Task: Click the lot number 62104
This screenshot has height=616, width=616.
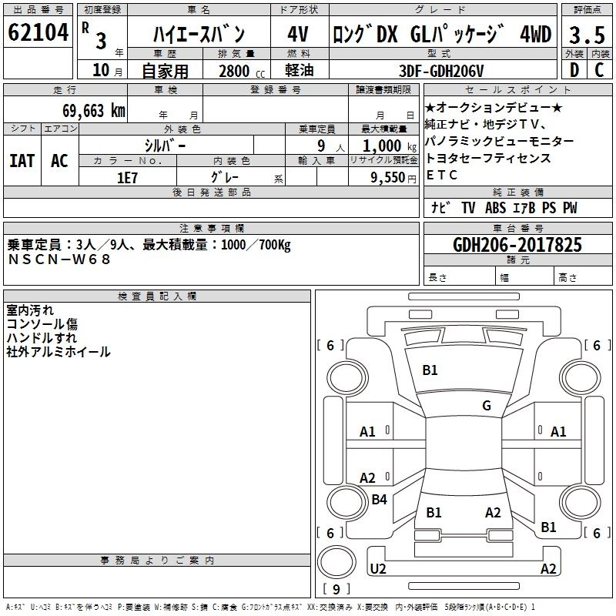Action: pos(38,32)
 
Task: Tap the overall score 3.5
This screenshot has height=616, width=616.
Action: pos(587,35)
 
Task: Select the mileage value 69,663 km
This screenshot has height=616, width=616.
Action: pos(94,110)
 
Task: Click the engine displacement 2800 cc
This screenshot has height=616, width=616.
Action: pos(242,71)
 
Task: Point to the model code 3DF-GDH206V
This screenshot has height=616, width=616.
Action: pos(441,71)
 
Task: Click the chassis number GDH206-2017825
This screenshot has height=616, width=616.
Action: pos(517,245)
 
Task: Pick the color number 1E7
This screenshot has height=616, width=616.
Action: pos(127,178)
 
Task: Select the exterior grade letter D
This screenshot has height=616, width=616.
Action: pos(574,70)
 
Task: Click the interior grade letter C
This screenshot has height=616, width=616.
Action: pos(599,70)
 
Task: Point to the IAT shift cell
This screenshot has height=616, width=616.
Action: pos(22,161)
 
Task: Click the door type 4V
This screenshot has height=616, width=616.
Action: pos(298,34)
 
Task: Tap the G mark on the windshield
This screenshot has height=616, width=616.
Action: pos(487,405)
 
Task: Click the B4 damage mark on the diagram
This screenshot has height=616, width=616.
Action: pos(379,499)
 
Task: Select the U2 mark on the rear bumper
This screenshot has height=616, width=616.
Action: pos(378,568)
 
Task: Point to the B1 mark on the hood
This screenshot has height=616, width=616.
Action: pos(430,370)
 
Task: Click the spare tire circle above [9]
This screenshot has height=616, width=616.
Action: pos(336,562)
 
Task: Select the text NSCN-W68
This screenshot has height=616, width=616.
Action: pos(59,259)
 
